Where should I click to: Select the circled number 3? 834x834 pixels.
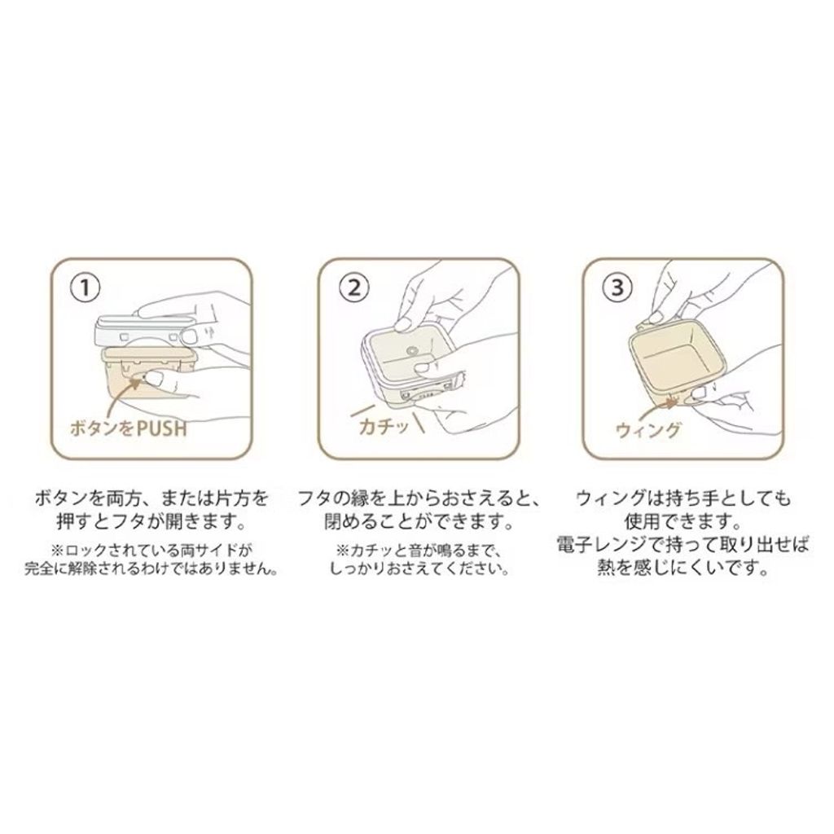pyautogui.click(x=617, y=288)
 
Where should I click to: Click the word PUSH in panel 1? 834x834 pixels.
pyautogui.click(x=161, y=428)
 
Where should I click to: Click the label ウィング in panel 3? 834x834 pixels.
pyautogui.click(x=647, y=428)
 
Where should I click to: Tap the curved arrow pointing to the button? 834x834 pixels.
pyautogui.click(x=122, y=393)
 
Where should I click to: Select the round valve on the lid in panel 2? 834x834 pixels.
pyautogui.click(x=410, y=351)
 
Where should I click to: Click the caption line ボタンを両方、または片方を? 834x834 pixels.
pyautogui.click(x=151, y=499)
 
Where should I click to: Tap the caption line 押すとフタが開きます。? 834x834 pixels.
pyautogui.click(x=151, y=522)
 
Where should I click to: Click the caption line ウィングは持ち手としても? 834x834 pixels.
pyautogui.click(x=683, y=499)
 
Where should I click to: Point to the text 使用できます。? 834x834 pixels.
pyautogui.click(x=683, y=522)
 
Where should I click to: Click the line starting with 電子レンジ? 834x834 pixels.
pyautogui.click(x=683, y=545)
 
